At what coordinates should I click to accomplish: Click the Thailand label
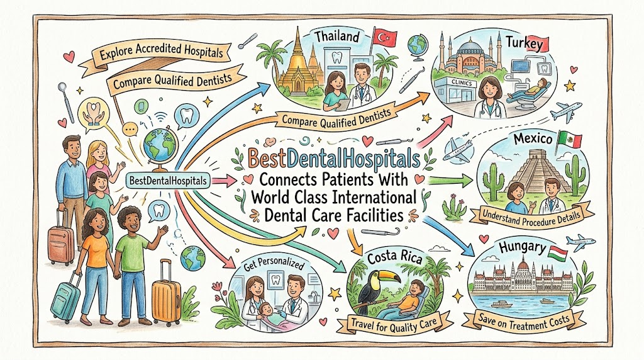pos(337,37)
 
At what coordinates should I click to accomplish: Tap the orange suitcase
pos(166,296)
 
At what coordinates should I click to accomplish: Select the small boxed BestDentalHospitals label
pos(168,181)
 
